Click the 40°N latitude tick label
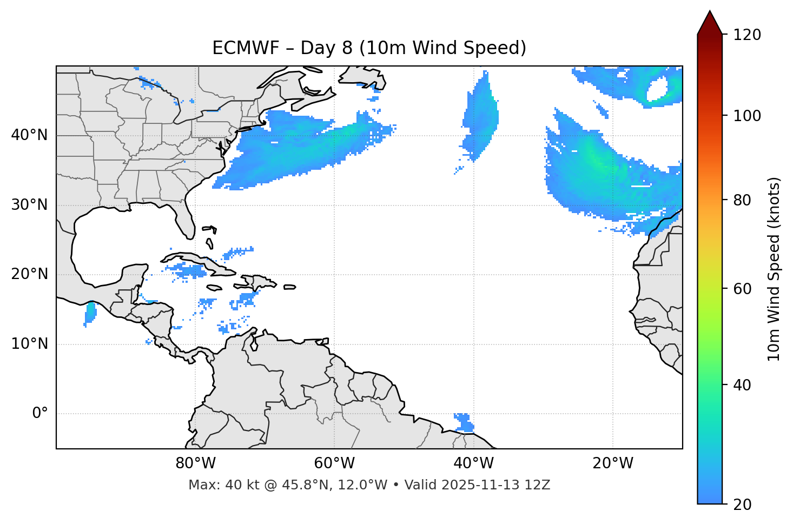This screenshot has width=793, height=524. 29,135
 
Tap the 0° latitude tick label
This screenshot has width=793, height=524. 40,414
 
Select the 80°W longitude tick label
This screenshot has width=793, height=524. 195,463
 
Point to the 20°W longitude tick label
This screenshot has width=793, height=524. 613,463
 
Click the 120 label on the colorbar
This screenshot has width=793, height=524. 748,35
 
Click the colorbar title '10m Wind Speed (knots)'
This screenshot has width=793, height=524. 774,269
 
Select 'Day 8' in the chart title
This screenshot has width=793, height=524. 327,48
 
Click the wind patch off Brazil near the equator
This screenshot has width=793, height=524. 464,422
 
